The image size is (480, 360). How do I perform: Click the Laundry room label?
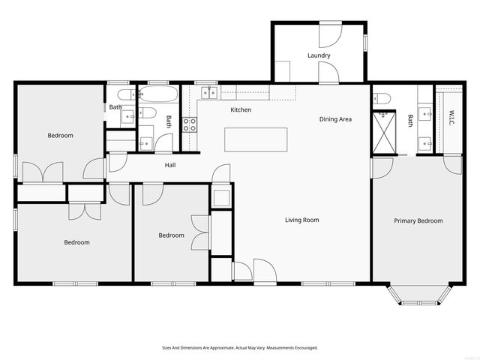(x=319, y=55)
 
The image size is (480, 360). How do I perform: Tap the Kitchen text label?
(x=241, y=110)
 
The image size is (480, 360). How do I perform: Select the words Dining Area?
(x=335, y=119)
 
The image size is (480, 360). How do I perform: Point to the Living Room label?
(x=301, y=220)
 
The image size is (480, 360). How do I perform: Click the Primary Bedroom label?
(x=418, y=221)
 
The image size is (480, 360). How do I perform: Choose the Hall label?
(x=170, y=165)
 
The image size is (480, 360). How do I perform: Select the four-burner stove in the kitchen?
(x=190, y=124)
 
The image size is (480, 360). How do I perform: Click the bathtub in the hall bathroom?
(x=159, y=94)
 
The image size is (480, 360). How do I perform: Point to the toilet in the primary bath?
(x=382, y=99)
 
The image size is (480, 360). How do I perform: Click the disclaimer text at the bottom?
(x=240, y=348)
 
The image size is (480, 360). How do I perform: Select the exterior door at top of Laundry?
(x=330, y=34)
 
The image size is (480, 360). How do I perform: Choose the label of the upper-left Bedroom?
(x=61, y=136)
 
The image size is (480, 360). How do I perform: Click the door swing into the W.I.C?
(x=451, y=163)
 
